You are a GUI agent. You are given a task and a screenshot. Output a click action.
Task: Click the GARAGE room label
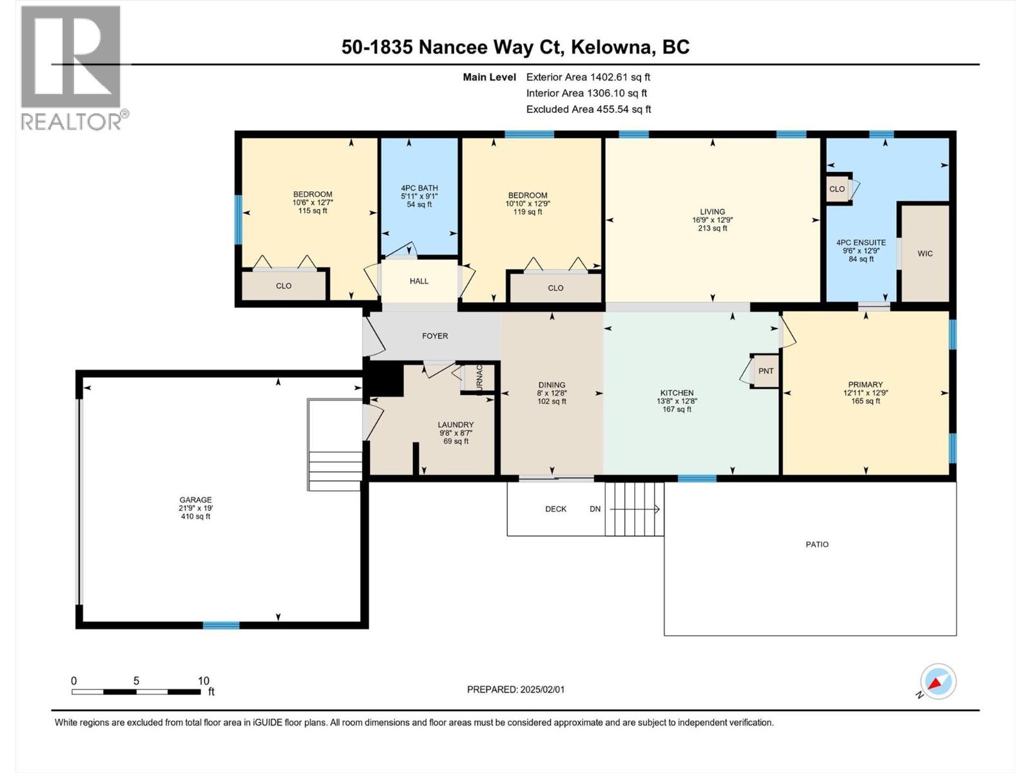pos(195,500)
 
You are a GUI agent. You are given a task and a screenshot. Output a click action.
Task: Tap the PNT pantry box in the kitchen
pos(766,371)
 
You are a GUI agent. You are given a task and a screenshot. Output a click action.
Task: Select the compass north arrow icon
pos(938,682)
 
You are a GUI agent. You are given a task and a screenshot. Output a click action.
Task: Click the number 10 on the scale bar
pos(204,681)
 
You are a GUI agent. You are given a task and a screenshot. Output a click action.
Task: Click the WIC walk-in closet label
pos(925,254)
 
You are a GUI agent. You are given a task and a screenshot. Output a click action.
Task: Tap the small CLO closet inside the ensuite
pos(837,189)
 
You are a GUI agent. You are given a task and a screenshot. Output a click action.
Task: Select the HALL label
pos(419,281)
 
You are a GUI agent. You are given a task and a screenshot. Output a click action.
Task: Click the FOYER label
pos(435,336)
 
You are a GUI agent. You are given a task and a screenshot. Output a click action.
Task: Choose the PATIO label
pos(817,544)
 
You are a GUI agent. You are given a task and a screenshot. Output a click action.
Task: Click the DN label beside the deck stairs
pos(595,509)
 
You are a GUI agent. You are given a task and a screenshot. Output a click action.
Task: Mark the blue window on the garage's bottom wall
pos(221,625)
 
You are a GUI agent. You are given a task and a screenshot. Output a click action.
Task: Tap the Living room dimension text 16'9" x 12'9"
pos(713,220)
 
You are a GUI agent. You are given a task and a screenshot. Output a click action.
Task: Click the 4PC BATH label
pos(419,188)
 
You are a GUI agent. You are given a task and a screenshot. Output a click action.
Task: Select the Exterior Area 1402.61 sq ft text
pos(588,77)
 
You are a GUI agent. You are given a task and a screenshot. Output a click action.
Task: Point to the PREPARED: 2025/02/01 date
pos(515,689)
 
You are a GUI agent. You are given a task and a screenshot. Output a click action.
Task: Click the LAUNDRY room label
pos(456,425)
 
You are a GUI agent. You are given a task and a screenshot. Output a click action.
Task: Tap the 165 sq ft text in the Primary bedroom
pos(865,401)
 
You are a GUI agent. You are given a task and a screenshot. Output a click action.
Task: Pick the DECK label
pos(555,509)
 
